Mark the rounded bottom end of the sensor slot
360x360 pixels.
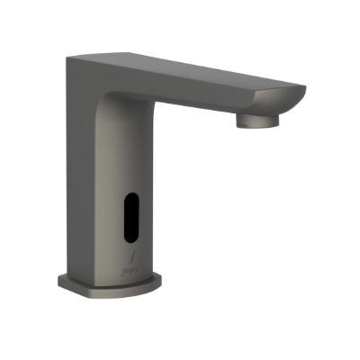tap(130, 239)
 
